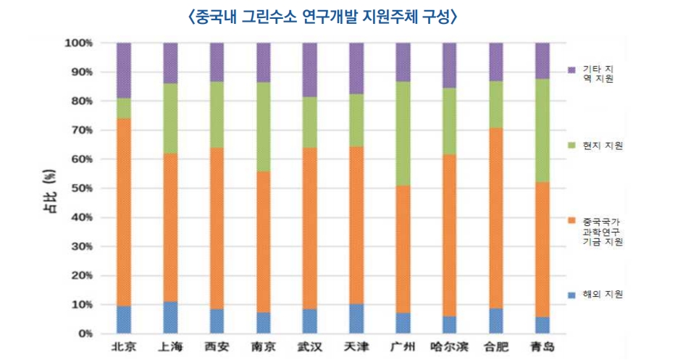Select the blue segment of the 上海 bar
[170, 317]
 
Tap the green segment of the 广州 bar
[403, 133]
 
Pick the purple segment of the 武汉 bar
[310, 70]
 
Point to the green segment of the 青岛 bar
[542, 130]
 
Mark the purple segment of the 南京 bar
[264, 62]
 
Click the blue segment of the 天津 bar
[356, 319]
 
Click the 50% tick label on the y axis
[80, 188]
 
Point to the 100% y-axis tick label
[78, 43]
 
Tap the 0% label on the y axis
[83, 334]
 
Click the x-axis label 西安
[217, 347]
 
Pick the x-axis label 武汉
[310, 347]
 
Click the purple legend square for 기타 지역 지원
[571, 70]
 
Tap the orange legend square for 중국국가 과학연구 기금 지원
[571, 220]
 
